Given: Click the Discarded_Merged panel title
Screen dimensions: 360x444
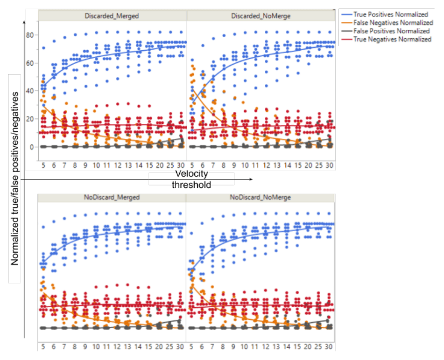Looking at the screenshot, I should (112, 16).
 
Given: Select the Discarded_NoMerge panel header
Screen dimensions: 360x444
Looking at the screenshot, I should (261, 16).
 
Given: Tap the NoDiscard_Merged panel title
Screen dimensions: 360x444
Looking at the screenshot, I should (112, 197).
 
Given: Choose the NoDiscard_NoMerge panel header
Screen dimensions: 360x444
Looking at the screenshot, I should (260, 197).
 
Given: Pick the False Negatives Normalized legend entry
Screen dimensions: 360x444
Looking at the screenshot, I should (392, 23).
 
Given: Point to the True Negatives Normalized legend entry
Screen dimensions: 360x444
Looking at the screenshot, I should (391, 39).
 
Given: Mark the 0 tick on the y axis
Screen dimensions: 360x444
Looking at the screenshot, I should (32, 147).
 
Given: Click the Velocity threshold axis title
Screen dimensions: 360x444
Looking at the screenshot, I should (192, 179).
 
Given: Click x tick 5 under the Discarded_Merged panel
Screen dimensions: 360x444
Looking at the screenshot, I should (43, 165).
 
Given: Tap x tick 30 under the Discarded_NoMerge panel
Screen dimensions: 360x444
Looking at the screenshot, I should (329, 165).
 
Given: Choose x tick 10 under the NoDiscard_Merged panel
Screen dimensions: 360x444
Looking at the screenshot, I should (97, 346).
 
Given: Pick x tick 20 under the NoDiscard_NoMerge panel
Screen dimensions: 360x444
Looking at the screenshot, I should (308, 346).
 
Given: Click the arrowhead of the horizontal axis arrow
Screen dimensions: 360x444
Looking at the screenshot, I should (251, 179).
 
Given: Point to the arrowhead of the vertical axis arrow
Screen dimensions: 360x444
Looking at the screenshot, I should (24, 21).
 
